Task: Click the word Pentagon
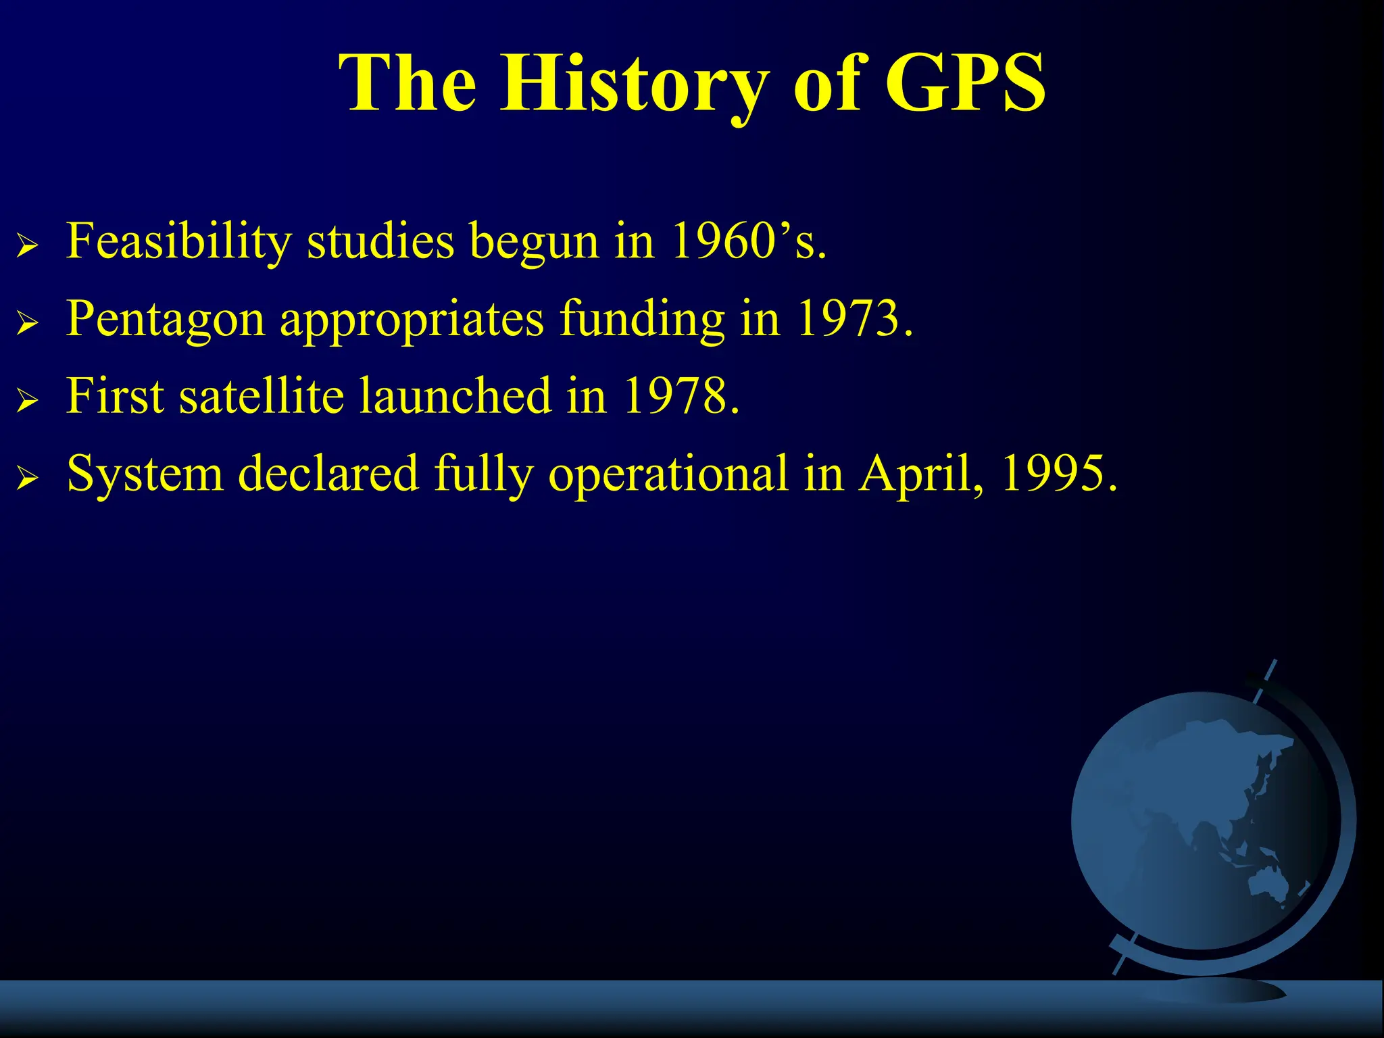pos(166,319)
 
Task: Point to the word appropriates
pos(412,319)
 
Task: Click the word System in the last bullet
pos(145,473)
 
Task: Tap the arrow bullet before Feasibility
pos(27,247)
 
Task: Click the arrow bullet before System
pos(27,479)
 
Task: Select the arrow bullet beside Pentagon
pos(27,324)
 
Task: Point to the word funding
pos(642,319)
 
